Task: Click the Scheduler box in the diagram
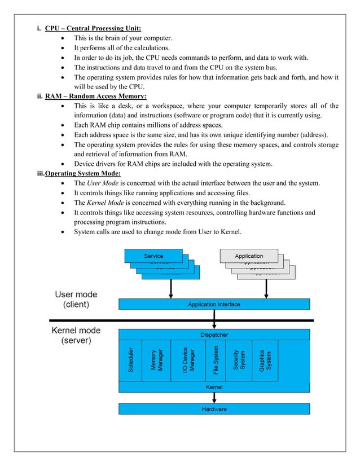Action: [130, 361]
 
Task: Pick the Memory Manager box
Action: [156, 361]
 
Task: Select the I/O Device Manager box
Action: [184, 361]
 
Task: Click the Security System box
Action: [239, 361]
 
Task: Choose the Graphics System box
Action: [265, 361]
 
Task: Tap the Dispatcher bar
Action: [214, 335]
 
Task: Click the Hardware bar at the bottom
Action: [214, 408]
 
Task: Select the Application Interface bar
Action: [214, 305]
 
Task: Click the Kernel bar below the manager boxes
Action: [214, 387]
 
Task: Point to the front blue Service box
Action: [153, 256]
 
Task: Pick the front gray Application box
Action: [249, 256]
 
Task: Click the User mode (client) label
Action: [76, 299]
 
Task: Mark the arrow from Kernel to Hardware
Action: [214, 398]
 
